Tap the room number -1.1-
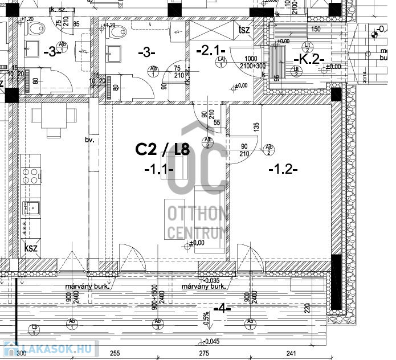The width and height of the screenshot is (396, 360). coord(158,169)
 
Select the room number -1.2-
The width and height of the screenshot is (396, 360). coord(283,169)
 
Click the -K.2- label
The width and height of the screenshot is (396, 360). coord(308,59)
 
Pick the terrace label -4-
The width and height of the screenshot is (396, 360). coord(222,309)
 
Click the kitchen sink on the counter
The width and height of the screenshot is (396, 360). coord(30,208)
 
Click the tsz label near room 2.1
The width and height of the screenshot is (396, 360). coord(245,30)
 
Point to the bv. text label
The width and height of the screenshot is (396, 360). coord(88,140)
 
